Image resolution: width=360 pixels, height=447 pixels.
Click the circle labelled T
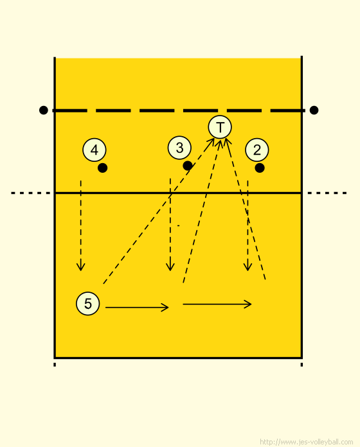220,127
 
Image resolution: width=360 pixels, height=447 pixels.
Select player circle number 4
94,150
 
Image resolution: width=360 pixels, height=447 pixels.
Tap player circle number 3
179,148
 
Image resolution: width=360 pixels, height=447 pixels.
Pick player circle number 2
257,150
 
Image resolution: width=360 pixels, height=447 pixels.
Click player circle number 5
88,303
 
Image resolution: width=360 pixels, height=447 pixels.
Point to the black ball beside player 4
102,168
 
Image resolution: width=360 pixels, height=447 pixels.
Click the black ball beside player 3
188,166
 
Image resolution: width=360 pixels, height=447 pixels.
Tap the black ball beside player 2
260,168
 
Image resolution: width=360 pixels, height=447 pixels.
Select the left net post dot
44,110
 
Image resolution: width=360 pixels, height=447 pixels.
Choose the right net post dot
314,110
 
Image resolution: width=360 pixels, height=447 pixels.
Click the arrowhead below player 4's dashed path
81,267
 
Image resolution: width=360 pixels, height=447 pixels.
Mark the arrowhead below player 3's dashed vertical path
170,267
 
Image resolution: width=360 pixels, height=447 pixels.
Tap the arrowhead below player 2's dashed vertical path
248,267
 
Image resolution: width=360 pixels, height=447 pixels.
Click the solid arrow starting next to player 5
137,307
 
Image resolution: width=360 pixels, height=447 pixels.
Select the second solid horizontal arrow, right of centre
217,304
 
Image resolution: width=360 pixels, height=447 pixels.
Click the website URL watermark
307,442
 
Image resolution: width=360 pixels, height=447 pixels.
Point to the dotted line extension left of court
31,193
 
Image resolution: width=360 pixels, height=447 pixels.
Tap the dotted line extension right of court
327,193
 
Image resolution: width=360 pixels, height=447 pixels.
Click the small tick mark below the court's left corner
55,364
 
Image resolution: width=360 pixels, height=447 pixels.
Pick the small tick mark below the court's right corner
301,364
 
